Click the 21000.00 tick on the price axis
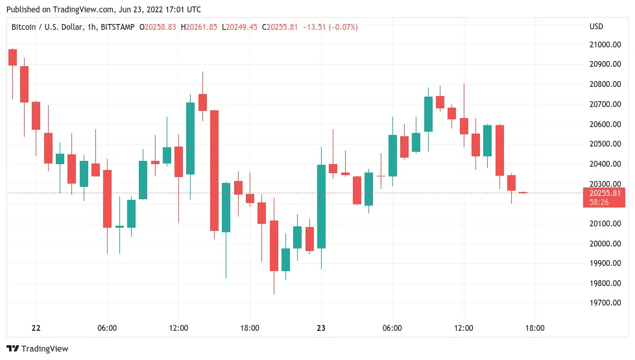click(605, 45)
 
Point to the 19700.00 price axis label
click(605, 303)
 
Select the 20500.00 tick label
click(605, 144)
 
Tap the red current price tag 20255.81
click(605, 193)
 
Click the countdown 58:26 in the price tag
click(599, 202)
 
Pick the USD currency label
click(596, 27)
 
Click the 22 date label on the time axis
click(36, 328)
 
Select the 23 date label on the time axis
click(321, 328)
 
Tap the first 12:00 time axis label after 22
click(178, 328)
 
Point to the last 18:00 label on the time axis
click(535, 328)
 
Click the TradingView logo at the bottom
click(38, 349)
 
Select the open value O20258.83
click(158, 27)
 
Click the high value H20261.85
click(199, 27)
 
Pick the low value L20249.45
click(240, 27)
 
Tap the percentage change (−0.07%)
click(343, 27)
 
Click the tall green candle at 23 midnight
click(321, 206)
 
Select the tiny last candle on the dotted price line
click(523, 193)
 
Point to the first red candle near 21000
click(12, 57)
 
